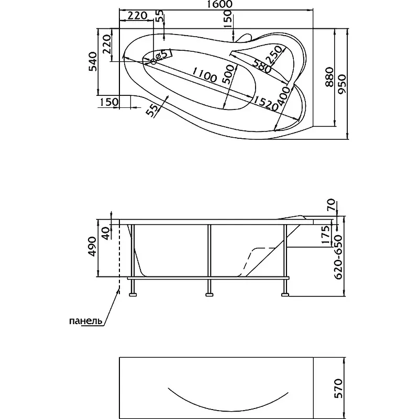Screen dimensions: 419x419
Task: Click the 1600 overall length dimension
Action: coord(216,4)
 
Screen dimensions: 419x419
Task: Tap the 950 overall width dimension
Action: coord(342,84)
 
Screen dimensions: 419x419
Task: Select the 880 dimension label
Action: coord(329,77)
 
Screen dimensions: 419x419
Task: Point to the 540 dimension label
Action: coord(93,62)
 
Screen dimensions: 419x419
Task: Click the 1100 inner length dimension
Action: coord(204,74)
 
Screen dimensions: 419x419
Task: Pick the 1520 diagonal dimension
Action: coord(266,103)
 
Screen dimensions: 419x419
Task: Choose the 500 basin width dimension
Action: coord(229,74)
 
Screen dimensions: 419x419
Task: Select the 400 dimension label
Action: coord(283,96)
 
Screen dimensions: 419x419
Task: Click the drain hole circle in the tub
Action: coord(153,62)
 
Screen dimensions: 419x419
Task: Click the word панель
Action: coord(85,321)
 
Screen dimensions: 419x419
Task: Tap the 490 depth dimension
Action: coord(93,246)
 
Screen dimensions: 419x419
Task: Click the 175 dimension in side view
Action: coord(325,235)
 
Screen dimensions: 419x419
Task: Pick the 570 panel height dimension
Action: coord(338,388)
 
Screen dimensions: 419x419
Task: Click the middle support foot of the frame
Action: coord(210,295)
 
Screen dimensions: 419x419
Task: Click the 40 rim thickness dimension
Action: coord(106,233)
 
